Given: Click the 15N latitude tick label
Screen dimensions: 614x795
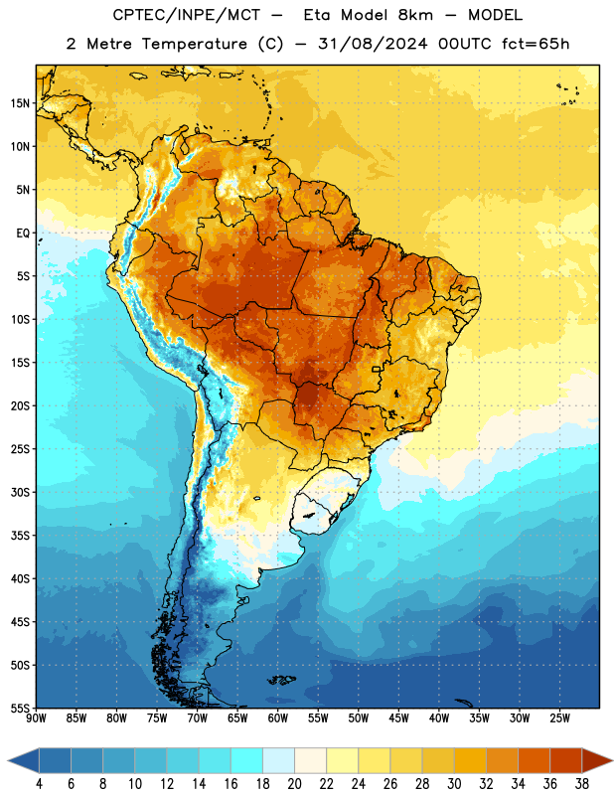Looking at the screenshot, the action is [20, 103].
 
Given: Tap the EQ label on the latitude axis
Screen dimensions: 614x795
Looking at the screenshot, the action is [23, 234].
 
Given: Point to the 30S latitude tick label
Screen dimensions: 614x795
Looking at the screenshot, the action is [20, 492].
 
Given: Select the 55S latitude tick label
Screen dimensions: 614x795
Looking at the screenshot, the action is [20, 709].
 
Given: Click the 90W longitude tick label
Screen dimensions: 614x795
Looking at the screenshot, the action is [36, 718].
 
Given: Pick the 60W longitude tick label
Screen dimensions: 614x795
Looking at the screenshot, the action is [278, 718].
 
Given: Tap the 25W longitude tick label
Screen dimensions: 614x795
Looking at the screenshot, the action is [559, 718].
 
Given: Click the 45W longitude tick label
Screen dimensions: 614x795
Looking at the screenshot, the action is [398, 718].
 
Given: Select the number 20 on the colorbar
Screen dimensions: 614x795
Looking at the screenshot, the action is [294, 784].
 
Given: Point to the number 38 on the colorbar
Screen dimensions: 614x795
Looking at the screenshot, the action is [581, 784].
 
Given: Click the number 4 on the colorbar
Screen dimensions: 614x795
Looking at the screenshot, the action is [39, 784].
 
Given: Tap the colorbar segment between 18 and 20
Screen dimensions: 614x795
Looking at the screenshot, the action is [278, 760].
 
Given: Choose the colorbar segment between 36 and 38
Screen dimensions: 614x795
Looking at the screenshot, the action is [566, 760].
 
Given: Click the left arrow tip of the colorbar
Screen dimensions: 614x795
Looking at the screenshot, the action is [8, 761].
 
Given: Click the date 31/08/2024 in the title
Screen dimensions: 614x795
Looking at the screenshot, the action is [373, 44].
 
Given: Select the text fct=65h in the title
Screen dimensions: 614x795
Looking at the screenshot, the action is [536, 44].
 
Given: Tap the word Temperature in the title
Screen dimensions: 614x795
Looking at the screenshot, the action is [194, 44].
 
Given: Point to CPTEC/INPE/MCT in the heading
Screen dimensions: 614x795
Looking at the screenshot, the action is [187, 15].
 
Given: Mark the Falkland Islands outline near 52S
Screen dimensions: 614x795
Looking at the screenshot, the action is [281, 680].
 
